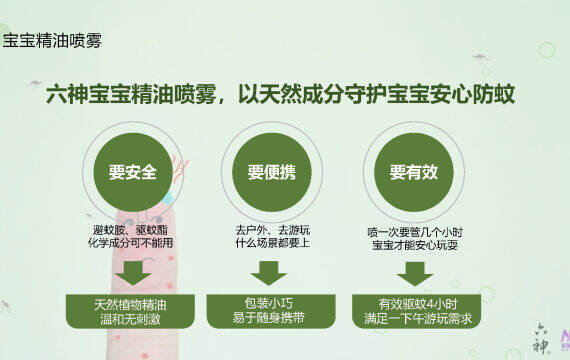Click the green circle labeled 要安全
point(133,172)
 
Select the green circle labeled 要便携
point(272,172)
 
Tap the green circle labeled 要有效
point(414,172)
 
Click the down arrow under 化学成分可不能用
point(133,273)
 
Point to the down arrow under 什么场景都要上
point(269,273)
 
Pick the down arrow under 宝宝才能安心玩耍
point(415,273)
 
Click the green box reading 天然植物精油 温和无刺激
point(130,311)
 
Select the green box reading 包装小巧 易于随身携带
point(271,311)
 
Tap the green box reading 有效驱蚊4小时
point(417,311)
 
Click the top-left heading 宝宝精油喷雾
point(52,40)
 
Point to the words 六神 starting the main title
point(67,95)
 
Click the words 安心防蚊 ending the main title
point(472,95)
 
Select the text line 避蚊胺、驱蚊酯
point(131,230)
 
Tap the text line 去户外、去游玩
point(273,230)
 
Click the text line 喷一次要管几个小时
point(415,232)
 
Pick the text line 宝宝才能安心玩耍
point(415,245)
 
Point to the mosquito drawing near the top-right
point(481,57)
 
